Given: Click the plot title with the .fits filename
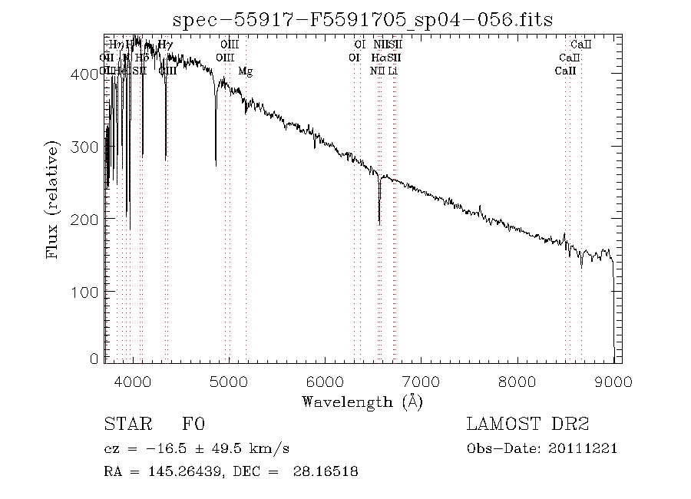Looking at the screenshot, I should pyautogui.click(x=363, y=19).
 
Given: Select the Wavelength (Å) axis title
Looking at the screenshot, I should pyautogui.click(x=362, y=401).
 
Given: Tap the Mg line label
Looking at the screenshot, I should pyautogui.click(x=245, y=71).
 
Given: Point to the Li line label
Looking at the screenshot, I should pyautogui.click(x=392, y=71).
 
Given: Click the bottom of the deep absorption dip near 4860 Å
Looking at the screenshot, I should pyautogui.click(x=216, y=164).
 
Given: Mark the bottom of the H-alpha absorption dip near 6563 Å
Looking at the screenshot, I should pyautogui.click(x=379, y=223).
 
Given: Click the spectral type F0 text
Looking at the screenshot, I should pyautogui.click(x=193, y=425).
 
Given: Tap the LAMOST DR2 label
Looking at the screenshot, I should pyautogui.click(x=527, y=425).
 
